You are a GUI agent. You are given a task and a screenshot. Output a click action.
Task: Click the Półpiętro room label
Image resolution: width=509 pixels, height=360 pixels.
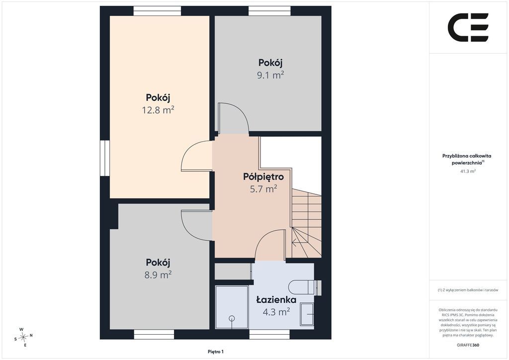click(263, 177)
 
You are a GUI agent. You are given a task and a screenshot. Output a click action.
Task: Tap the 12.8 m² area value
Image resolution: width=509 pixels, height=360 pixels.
click(158, 110)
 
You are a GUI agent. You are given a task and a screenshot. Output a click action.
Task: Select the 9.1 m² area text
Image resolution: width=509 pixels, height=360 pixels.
click(270, 75)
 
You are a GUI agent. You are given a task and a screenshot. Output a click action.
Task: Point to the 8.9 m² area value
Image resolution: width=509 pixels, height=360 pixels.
click(158, 275)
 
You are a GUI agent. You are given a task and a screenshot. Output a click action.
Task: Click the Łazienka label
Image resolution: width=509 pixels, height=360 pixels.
click(276, 300)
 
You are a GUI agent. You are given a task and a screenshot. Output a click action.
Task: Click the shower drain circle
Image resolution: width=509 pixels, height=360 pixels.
click(232, 318)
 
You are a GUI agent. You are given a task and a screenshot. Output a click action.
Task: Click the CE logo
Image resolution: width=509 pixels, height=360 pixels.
click(468, 27)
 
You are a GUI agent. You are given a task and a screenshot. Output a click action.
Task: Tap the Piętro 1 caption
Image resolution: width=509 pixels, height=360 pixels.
click(216, 352)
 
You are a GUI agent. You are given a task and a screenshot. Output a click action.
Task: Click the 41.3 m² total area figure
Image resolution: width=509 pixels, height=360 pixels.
click(468, 171)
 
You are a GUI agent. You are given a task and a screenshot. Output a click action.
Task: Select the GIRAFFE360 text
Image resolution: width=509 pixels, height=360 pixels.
click(468, 345)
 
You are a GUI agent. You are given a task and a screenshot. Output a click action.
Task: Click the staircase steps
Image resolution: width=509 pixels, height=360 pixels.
click(306, 223)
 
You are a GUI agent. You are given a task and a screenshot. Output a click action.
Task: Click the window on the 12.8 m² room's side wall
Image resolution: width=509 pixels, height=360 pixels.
click(105, 158)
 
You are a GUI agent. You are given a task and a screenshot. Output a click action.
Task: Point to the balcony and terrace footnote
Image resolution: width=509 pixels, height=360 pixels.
click(468, 290)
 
